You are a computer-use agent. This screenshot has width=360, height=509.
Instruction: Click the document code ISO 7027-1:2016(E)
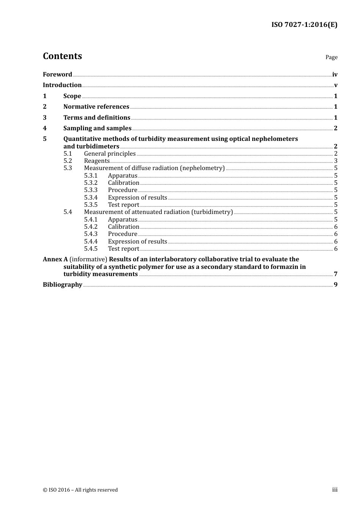coord(304,25)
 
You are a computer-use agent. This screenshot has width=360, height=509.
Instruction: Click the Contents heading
coord(62,56)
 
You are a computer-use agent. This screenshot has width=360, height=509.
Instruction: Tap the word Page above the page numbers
coord(331,57)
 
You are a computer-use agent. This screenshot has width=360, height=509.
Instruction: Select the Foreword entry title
coord(57,74)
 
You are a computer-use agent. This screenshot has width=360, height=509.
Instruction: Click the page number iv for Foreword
coord(335,75)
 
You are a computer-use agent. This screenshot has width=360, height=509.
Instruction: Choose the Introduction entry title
coord(62,85)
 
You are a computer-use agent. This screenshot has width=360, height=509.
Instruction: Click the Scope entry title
coord(72,96)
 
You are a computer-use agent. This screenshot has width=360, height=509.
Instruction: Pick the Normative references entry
coord(96,106)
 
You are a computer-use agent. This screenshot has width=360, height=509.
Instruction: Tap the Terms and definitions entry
coord(97,117)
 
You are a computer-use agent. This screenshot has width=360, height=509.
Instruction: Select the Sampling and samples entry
coord(97,128)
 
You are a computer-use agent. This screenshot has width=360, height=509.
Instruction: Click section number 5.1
coord(67,153)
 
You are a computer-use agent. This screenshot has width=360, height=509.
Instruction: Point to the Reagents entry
coord(97,161)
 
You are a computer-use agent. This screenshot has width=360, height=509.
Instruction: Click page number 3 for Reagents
coord(335,161)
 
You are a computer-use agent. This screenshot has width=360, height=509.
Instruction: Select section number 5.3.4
coord(91,197)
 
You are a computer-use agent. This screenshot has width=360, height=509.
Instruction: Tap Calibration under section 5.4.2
coord(124,226)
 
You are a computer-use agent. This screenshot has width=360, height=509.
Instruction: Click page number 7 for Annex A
coord(335,274)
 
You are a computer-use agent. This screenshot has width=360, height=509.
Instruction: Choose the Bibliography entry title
coord(63,284)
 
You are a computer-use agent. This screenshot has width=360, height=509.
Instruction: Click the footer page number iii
coord(335,490)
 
